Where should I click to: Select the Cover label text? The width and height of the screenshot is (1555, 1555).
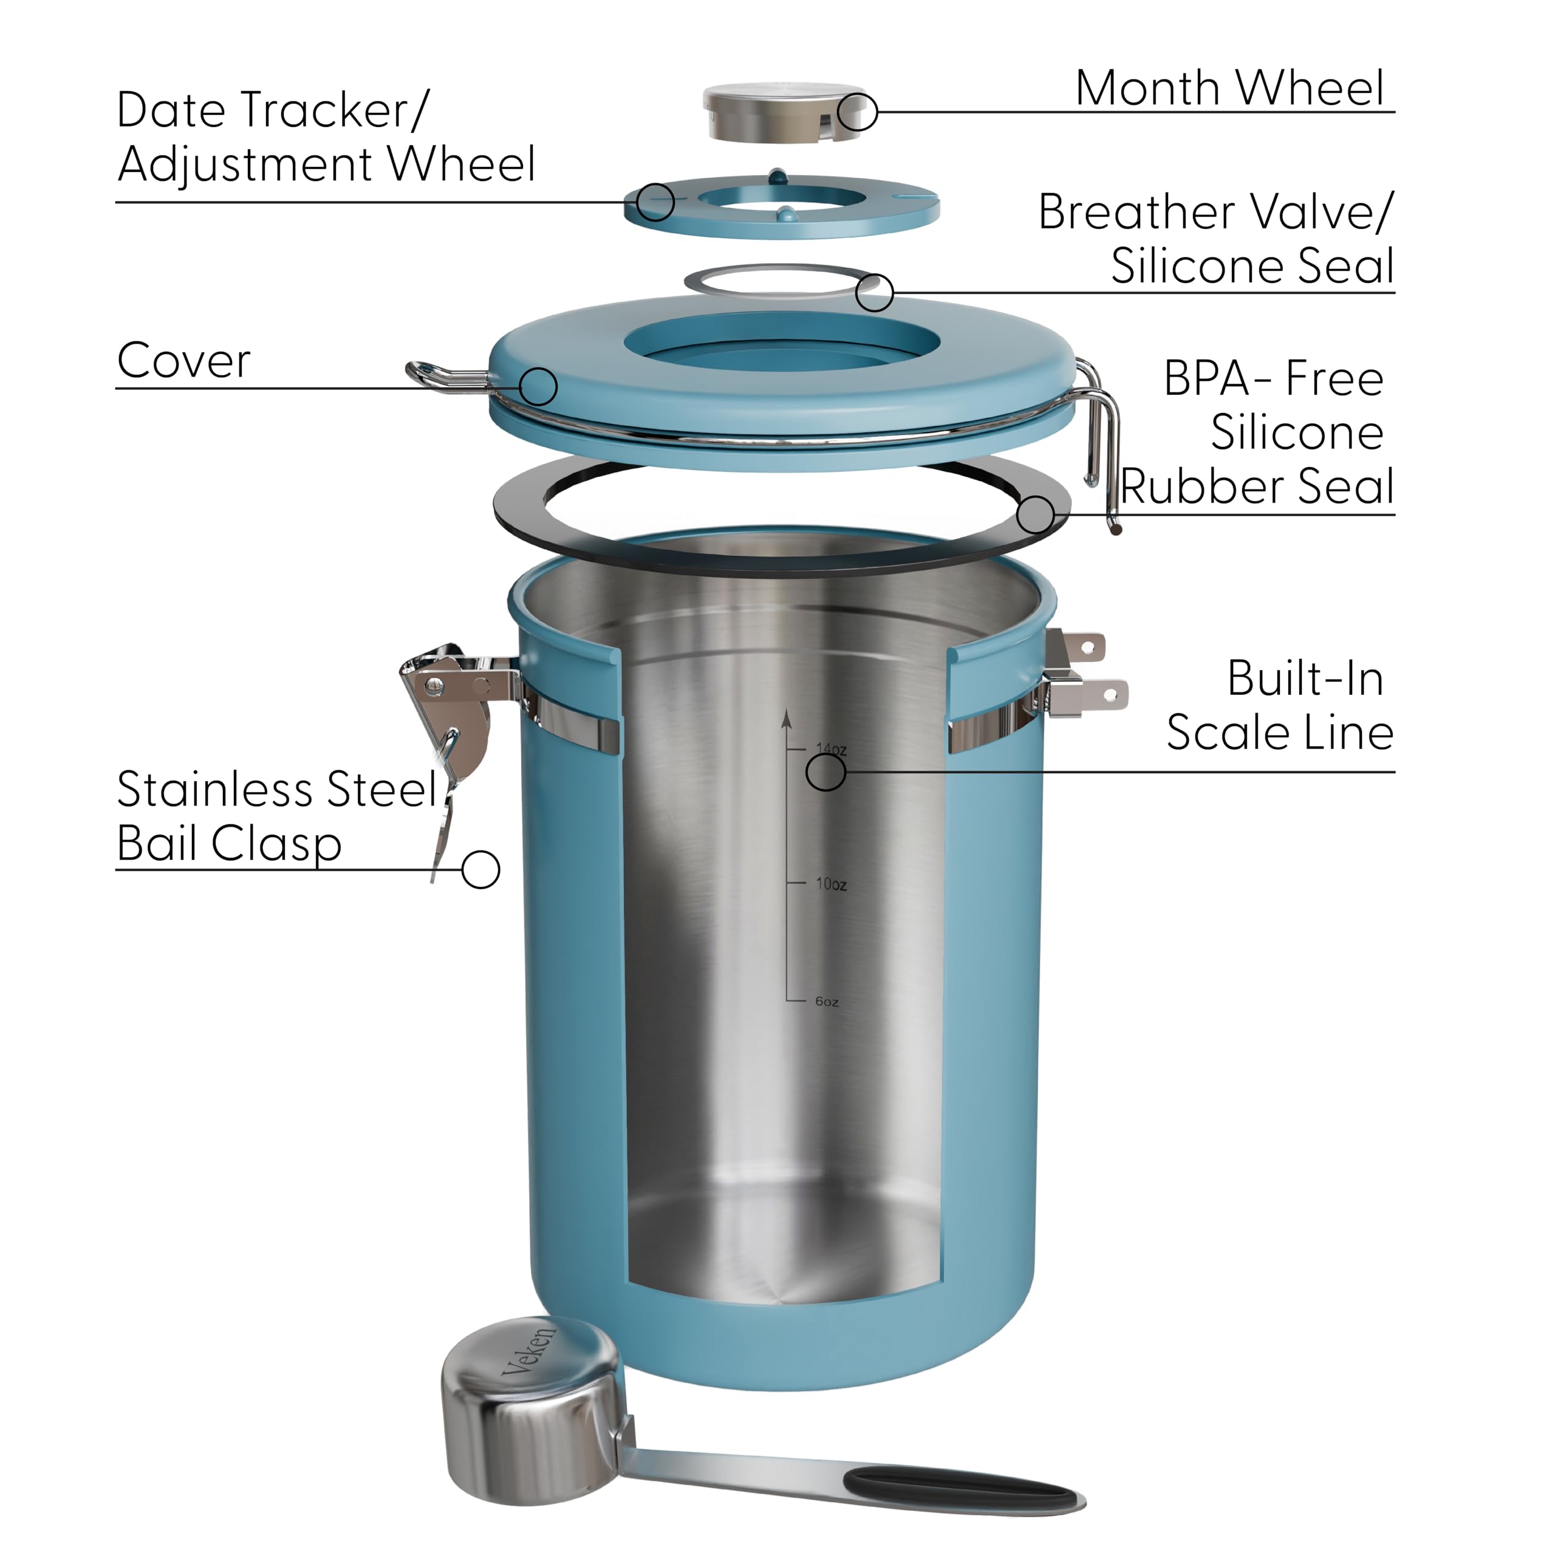183,361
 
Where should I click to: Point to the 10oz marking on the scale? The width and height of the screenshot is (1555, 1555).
830,884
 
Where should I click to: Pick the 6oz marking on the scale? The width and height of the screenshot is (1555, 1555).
827,1001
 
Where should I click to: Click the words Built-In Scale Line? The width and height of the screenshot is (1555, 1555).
1279,705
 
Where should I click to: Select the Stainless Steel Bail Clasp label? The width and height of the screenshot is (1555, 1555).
274,815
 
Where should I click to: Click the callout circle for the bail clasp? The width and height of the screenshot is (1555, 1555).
480,869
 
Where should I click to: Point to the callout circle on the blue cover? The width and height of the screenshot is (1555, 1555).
538,386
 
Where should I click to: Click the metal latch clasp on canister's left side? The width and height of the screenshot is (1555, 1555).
451,700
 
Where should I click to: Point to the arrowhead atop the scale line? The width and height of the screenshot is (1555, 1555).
787,718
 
